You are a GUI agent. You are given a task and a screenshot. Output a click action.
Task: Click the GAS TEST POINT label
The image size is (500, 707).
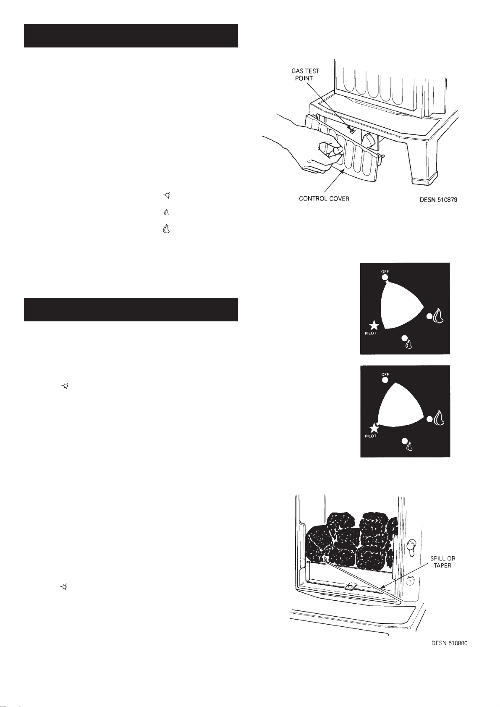(x=305, y=74)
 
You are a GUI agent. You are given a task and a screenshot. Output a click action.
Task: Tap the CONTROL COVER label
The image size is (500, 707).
(x=324, y=199)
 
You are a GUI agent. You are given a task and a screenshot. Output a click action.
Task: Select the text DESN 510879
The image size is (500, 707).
(x=438, y=200)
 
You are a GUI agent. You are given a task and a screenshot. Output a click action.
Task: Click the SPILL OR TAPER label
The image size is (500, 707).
(x=442, y=562)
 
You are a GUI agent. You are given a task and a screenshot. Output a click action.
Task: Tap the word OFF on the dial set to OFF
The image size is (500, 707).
(x=385, y=271)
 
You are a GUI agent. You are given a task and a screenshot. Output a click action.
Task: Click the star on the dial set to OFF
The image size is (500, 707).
(x=374, y=325)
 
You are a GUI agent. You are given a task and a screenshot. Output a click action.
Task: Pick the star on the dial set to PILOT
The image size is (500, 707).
(x=374, y=428)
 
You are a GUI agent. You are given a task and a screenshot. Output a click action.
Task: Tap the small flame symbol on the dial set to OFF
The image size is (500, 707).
(x=409, y=344)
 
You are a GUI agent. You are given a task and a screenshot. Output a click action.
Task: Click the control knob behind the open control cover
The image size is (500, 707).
(x=368, y=140)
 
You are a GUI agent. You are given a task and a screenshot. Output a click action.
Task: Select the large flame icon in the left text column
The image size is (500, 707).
(x=166, y=229)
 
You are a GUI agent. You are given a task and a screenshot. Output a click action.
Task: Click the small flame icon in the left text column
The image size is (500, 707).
(x=167, y=213)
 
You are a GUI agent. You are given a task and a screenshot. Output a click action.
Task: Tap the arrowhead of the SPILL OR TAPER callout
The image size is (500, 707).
(x=382, y=588)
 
